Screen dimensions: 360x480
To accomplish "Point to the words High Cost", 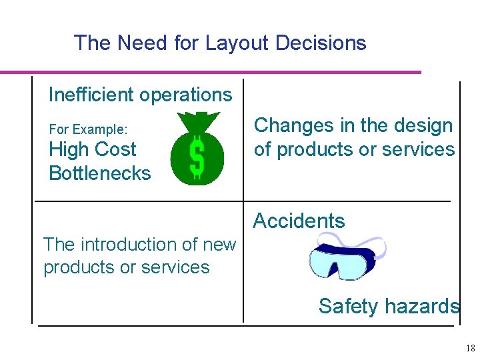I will [92, 149].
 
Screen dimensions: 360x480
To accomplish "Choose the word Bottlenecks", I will [100, 173].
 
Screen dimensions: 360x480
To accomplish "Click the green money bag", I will [197, 150].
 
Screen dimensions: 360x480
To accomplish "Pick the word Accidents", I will [299, 221].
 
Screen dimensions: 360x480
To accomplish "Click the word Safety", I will [347, 306].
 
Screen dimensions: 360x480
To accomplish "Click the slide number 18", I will [470, 348].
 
